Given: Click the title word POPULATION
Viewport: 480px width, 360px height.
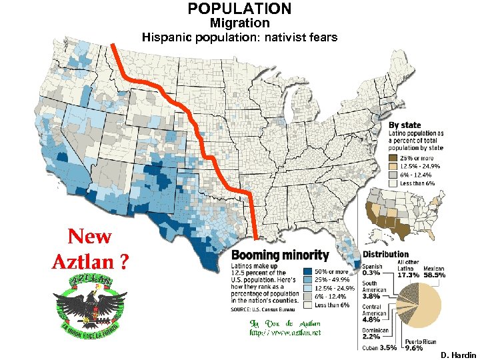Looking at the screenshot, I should (x=239, y=9).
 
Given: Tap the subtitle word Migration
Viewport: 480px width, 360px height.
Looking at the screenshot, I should (x=239, y=23).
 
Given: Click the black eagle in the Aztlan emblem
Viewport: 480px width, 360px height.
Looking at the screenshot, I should (x=91, y=304).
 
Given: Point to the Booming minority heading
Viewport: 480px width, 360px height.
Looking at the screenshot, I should (x=280, y=255).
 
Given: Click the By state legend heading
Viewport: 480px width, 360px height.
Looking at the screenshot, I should (x=405, y=125).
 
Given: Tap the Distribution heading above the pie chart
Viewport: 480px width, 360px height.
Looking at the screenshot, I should (x=385, y=254).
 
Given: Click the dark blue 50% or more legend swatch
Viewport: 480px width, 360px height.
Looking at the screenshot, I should (x=307, y=272).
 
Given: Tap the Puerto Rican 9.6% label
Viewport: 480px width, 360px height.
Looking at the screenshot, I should (x=409, y=344).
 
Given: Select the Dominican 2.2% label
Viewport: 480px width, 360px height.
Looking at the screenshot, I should (x=377, y=333).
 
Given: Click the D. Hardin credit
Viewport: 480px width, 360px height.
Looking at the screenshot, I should (x=458, y=353).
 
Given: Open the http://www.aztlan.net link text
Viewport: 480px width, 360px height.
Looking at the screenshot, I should (x=285, y=331).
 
